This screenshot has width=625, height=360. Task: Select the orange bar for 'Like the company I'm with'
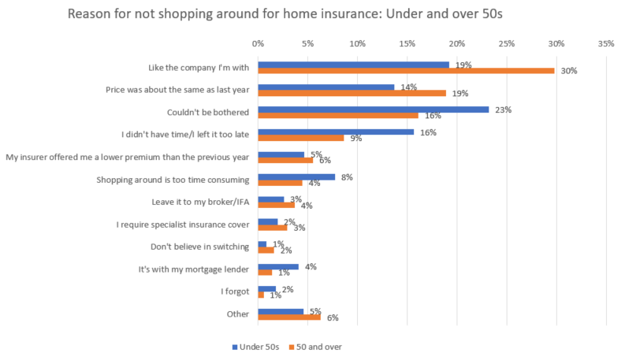[x=406, y=71]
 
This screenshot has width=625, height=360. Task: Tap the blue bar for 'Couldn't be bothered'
[x=373, y=109]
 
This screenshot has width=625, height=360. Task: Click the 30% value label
[x=569, y=71]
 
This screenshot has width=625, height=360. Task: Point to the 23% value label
[x=503, y=109]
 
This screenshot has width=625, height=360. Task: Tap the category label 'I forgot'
[x=234, y=291]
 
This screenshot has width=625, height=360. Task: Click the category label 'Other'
[x=237, y=314]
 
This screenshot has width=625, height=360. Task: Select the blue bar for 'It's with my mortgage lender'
[x=278, y=266]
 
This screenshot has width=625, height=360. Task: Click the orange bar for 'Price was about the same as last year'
[x=352, y=93]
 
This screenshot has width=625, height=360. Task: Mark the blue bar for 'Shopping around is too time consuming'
[x=296, y=176]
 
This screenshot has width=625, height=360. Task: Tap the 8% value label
[x=347, y=177]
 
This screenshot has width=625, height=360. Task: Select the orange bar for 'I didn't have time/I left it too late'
[x=301, y=138]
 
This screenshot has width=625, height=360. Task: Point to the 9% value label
[x=355, y=139]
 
